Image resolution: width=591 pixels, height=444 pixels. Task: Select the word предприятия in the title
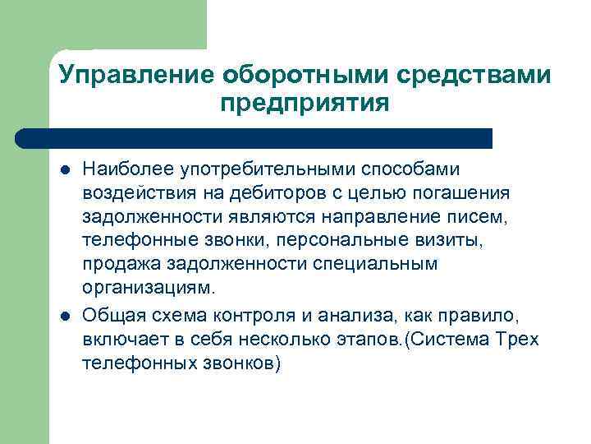pos(304,104)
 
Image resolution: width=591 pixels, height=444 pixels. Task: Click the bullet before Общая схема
pos(64,317)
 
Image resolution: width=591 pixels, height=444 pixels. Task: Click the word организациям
pos(147,288)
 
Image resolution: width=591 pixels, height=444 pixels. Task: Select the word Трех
pos(519,340)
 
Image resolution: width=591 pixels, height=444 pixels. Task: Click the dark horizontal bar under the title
pos(254,137)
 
